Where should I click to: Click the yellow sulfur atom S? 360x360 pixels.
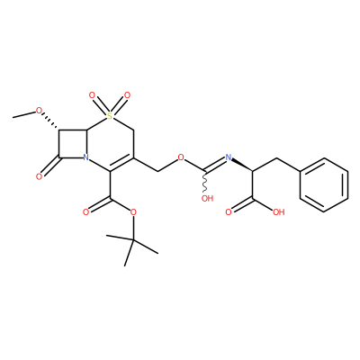pyautogui.click(x=110, y=115)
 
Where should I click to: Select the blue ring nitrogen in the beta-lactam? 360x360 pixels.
pyautogui.click(x=86, y=157)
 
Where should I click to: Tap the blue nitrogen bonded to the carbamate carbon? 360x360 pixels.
pyautogui.click(x=229, y=157)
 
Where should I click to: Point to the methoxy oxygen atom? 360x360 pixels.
pyautogui.click(x=39, y=111)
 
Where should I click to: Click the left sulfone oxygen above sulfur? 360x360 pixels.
pyautogui.click(x=93, y=95)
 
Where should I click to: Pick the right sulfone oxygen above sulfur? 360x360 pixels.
pyautogui.click(x=128, y=95)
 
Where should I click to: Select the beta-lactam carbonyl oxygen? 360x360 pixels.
pyautogui.click(x=39, y=176)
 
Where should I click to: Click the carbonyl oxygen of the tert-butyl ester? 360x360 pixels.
pyautogui.click(x=85, y=212)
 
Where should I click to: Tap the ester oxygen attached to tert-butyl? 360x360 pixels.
pyautogui.click(x=133, y=212)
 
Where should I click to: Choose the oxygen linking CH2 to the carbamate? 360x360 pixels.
pyautogui.click(x=181, y=157)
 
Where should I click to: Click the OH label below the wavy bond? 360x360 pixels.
pyautogui.click(x=207, y=198)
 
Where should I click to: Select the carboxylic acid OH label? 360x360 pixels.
pyautogui.click(x=279, y=212)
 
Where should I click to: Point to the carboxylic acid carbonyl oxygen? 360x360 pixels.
pyautogui.click(x=229, y=212)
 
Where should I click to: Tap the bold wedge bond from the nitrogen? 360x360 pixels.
pyautogui.click(x=242, y=165)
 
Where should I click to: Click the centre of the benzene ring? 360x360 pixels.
pyautogui.click(x=324, y=185)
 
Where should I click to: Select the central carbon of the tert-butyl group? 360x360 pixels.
pyautogui.click(x=133, y=240)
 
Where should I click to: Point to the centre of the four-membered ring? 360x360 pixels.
pyautogui.click(x=73, y=144)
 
